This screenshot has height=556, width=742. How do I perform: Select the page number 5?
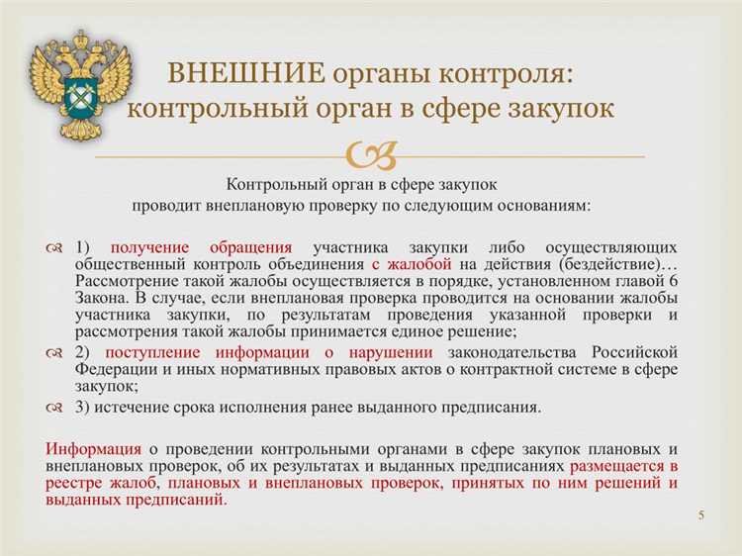(700, 515)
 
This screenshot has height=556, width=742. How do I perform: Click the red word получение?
(150, 247)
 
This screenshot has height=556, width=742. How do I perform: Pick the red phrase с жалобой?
(412, 264)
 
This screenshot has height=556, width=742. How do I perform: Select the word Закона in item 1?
(101, 298)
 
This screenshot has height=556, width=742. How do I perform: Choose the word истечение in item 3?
(137, 406)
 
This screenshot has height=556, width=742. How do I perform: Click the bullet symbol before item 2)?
(55, 353)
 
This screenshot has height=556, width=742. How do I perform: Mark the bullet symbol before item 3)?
(55, 406)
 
